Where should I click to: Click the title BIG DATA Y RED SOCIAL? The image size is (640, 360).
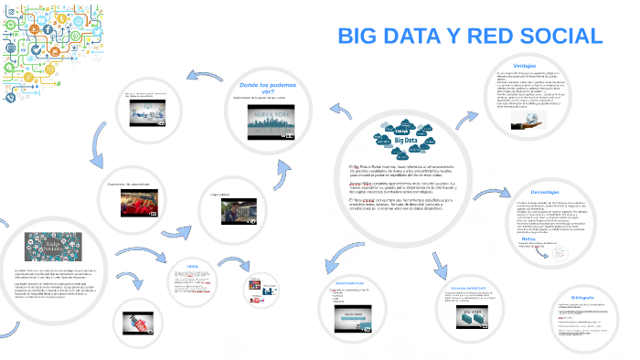pos(470,37)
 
